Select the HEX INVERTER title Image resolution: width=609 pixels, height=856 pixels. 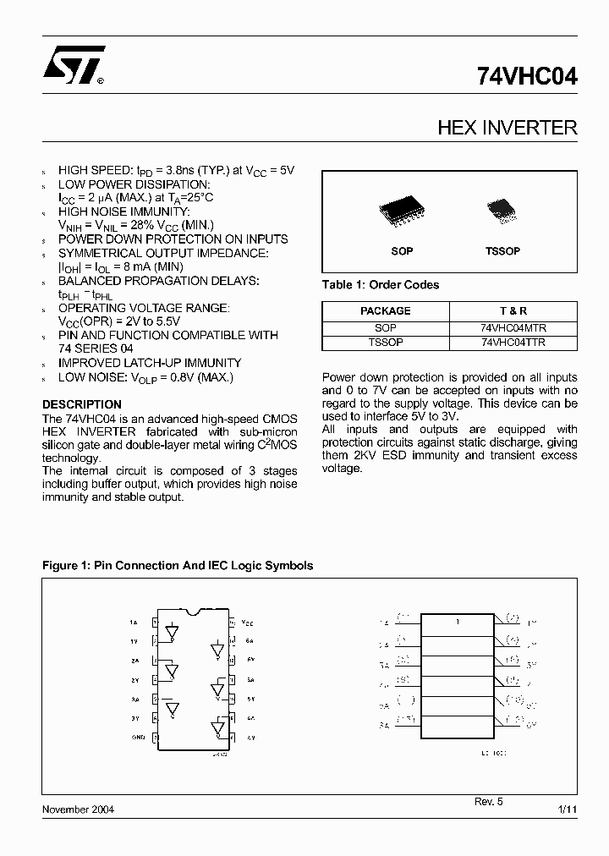pyautogui.click(x=507, y=128)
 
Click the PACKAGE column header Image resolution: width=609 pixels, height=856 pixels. pyautogui.click(x=385, y=310)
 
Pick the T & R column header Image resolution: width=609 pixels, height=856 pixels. pyautogui.click(x=513, y=310)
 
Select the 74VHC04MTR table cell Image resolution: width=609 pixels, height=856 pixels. pyautogui.click(x=513, y=327)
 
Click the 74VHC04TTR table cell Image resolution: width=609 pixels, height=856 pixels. pyautogui.click(x=513, y=343)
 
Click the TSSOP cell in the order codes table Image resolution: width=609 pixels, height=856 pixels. pyautogui.click(x=385, y=343)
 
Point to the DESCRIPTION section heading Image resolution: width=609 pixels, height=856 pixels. pyautogui.click(x=82, y=404)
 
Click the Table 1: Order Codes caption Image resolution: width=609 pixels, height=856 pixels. pyautogui.click(x=381, y=285)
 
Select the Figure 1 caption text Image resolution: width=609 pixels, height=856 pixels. pyautogui.click(x=178, y=565)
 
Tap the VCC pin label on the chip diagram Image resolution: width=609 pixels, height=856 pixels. pyautogui.click(x=247, y=622)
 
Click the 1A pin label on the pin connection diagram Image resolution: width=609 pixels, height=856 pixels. pyautogui.click(x=134, y=623)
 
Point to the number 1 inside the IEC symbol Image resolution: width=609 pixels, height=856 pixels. pyautogui.click(x=457, y=623)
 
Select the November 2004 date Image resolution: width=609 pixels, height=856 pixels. pyautogui.click(x=78, y=809)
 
